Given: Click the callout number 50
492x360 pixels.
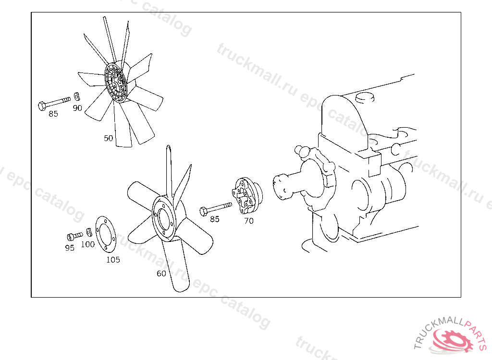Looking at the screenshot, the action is [x=108, y=138].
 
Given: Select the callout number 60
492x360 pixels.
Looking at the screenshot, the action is [x=161, y=274].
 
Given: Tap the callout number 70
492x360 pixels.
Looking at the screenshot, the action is [x=249, y=221].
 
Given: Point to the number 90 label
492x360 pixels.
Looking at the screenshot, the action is [x=77, y=108].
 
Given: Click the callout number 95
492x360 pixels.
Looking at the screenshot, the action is [x=70, y=248].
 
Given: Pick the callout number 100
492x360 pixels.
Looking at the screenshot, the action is [x=88, y=244].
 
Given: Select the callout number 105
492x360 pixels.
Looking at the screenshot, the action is [x=113, y=260].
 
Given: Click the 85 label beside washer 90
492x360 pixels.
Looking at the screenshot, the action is [x=53, y=114].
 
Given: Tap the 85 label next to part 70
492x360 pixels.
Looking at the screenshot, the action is [x=215, y=219].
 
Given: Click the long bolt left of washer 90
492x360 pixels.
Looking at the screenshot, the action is [x=54, y=103].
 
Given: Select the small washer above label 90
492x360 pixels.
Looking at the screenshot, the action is [x=77, y=96].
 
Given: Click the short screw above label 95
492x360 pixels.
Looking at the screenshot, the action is [x=75, y=236].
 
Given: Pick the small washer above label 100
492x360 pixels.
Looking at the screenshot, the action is [x=89, y=232].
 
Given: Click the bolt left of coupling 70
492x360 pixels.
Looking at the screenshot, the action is [x=216, y=208].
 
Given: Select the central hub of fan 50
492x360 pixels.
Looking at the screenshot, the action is [x=115, y=82].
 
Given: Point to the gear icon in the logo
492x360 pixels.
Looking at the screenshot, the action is [x=453, y=340].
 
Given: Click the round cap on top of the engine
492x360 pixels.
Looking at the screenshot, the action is [x=365, y=97].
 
